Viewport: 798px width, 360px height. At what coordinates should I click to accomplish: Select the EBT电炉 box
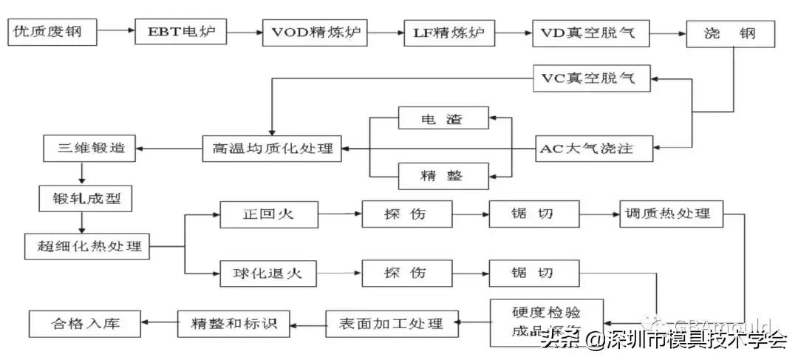180,33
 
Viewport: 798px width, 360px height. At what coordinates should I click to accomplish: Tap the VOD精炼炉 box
316,33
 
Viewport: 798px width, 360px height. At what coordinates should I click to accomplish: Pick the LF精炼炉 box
449,33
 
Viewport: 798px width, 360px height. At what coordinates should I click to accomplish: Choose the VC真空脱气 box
593,78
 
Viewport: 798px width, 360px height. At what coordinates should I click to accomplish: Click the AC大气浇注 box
595,149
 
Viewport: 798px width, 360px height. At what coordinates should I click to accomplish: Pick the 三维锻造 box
89,148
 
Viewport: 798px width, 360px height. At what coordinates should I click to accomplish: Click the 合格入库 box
84,323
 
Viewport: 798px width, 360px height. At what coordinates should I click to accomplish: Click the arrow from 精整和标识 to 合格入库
159,323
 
